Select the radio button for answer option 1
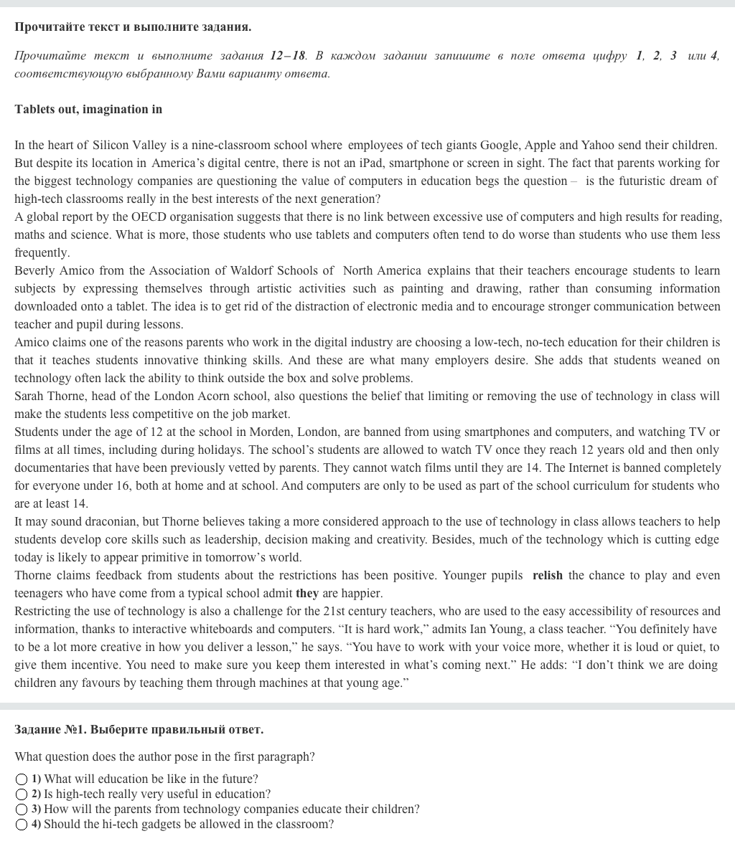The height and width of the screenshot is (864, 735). pyautogui.click(x=22, y=779)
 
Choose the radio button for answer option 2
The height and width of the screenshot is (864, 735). pyautogui.click(x=22, y=794)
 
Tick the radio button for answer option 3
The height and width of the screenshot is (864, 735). pyautogui.click(x=22, y=810)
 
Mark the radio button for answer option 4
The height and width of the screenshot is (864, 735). pyautogui.click(x=22, y=825)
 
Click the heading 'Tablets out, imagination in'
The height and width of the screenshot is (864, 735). pyautogui.click(x=88, y=110)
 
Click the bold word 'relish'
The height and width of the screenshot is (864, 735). pyautogui.click(x=547, y=576)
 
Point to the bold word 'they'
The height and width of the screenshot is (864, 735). pyautogui.click(x=306, y=594)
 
